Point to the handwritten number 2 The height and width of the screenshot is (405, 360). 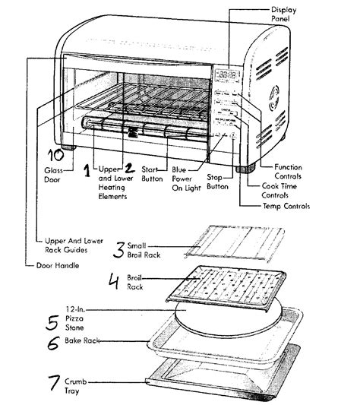click(130, 168)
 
